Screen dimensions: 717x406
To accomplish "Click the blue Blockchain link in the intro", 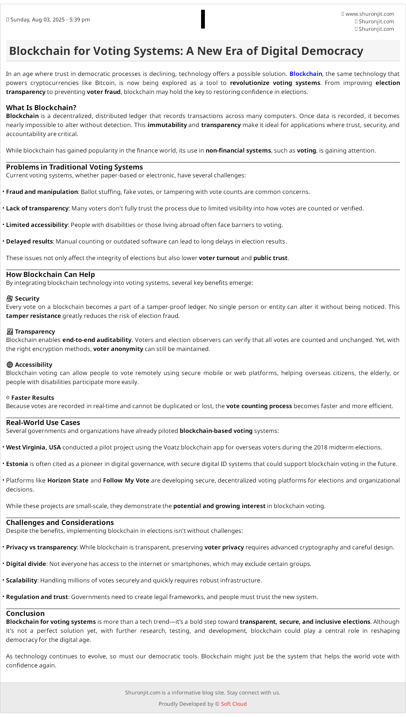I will (x=306, y=74).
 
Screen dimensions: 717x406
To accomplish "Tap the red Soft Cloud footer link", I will (x=233, y=704).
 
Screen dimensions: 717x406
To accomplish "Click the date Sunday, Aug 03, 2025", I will (x=50, y=20).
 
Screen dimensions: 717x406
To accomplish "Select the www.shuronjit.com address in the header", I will (x=370, y=14).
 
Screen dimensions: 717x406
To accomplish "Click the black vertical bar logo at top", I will (x=203, y=19).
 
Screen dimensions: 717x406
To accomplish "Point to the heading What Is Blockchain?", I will (x=41, y=108).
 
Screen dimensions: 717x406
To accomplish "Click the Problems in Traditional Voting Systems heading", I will (x=74, y=167).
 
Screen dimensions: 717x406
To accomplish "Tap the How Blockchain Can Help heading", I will (x=50, y=275).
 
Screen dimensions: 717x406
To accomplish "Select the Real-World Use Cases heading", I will (x=43, y=423).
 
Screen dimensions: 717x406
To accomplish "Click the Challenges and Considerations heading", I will (x=60, y=523).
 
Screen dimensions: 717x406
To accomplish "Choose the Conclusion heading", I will (x=25, y=614).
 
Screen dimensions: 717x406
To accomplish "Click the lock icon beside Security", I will (x=10, y=299).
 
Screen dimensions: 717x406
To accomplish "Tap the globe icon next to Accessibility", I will (x=10, y=365).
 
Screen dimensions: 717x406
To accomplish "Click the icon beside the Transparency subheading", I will (x=10, y=332).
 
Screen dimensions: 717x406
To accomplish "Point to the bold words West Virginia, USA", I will (x=33, y=448).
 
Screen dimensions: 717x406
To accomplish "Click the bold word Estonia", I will (x=17, y=464).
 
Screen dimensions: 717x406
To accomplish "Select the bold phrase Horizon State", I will (x=68, y=481).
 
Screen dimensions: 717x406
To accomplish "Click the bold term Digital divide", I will (x=26, y=564).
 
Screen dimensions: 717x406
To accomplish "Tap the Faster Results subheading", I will (x=33, y=398).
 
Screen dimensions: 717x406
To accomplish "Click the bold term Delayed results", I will (x=29, y=242).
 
